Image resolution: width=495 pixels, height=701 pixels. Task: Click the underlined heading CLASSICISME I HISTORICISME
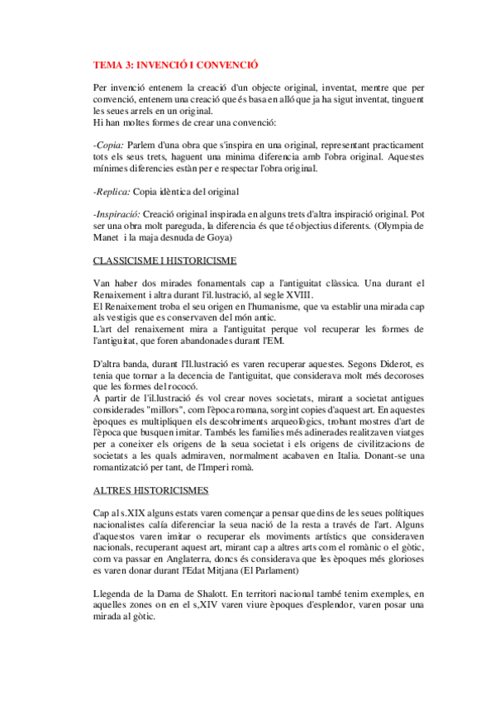coord(165,260)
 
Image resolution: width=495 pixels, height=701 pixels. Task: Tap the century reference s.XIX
coord(123,513)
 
